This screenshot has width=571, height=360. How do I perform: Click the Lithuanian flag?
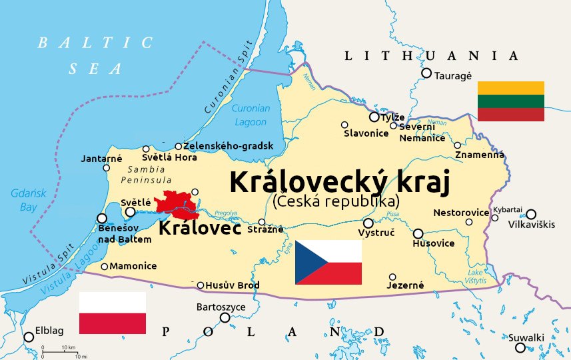(x=511, y=101)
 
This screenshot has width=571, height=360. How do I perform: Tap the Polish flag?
(x=113, y=313)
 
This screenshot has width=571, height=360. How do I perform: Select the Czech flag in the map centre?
(x=328, y=263)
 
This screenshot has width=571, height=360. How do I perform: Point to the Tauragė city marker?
(x=426, y=73)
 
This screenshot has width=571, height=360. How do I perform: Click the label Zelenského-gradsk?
(x=229, y=146)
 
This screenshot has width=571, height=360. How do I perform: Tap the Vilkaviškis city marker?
(x=531, y=215)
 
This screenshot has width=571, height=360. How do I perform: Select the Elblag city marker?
(x=29, y=337)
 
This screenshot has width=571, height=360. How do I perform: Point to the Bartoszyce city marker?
(x=225, y=317)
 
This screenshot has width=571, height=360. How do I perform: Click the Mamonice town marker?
(x=105, y=267)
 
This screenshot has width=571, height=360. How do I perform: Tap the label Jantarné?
(x=101, y=159)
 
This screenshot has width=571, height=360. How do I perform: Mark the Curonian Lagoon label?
(x=251, y=115)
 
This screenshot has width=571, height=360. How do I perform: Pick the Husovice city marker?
(x=418, y=234)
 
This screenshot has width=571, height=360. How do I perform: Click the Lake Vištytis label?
(x=476, y=277)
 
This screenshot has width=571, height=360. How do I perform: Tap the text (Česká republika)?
(x=336, y=200)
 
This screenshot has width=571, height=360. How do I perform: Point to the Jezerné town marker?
(x=392, y=277)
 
